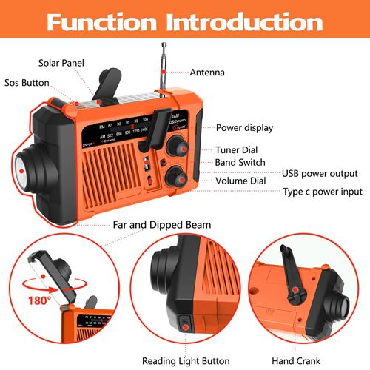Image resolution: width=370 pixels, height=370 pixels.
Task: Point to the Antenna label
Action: [x=208, y=73]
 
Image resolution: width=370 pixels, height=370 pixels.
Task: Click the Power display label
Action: [x=244, y=127]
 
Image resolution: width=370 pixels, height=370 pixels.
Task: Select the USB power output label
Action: [x=319, y=175]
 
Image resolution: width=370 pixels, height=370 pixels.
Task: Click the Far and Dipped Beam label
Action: [x=161, y=224]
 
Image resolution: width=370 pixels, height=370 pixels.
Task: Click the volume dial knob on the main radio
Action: [x=175, y=176]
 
